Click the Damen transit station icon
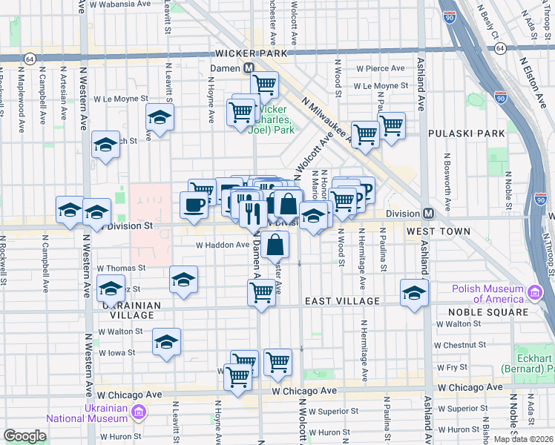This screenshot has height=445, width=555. [250, 67]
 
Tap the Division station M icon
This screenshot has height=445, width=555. [428, 214]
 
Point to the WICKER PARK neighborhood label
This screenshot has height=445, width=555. [246, 54]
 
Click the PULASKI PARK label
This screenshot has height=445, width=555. [467, 133]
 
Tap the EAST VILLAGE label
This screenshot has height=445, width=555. [343, 301]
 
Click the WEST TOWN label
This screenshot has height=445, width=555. [438, 232]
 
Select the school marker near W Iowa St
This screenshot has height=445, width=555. [167, 341]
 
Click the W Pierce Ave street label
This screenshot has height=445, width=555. [380, 68]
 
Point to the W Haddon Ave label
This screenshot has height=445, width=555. [223, 245]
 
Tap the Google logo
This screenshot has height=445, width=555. [24, 436]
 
